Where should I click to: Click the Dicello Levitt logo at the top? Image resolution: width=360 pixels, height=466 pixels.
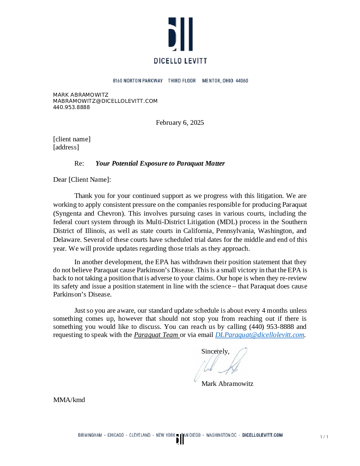[x=180, y=40]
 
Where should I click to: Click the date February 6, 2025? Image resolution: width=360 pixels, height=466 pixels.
[x=180, y=122]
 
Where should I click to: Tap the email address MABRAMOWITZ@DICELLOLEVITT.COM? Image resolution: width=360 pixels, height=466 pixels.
[x=105, y=101]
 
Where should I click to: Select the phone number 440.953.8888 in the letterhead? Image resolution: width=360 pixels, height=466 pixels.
[x=71, y=107]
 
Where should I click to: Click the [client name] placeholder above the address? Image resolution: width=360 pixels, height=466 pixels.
[x=72, y=139]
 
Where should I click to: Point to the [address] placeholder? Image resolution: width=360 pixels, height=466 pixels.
[x=66, y=147]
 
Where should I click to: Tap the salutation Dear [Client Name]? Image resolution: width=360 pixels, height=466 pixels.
[x=82, y=179]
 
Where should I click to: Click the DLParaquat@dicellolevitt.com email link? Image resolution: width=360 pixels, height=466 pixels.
[x=260, y=335]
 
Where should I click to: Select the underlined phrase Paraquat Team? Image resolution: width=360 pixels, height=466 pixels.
[x=156, y=335]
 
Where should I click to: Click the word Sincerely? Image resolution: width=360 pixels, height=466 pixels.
[x=215, y=351]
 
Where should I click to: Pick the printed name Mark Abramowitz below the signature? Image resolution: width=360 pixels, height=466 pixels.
[x=227, y=384]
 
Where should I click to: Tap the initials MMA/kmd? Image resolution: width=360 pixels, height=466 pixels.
[x=69, y=400]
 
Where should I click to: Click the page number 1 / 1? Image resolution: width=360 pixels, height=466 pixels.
[x=324, y=437]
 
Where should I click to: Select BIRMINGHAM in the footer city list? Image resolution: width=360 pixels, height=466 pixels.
[x=90, y=435]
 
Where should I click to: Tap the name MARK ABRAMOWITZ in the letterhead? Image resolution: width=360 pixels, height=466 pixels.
[x=80, y=95]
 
